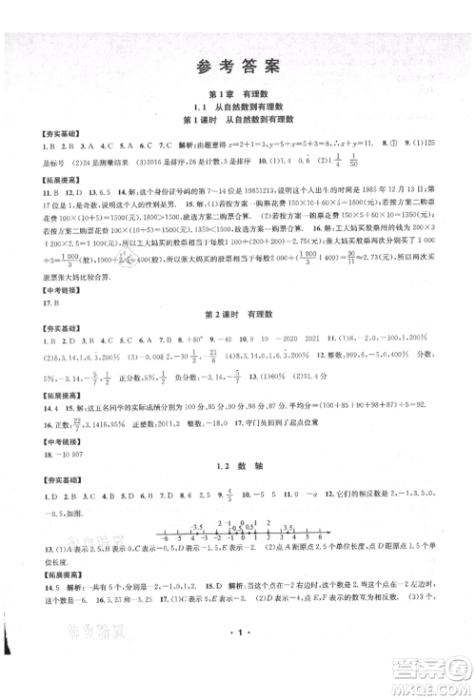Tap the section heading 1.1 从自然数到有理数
coord(238,109)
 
